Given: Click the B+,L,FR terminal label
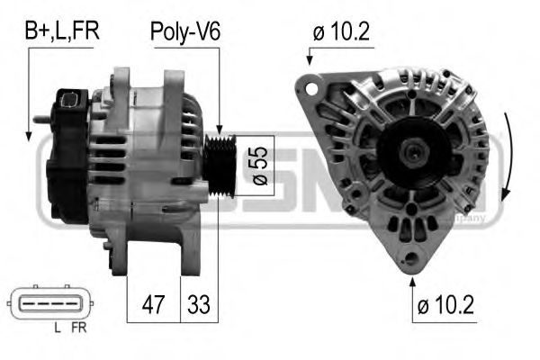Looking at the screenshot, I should [x=61, y=31].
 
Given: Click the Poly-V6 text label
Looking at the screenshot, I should [x=184, y=31].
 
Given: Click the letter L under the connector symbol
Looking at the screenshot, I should [x=58, y=328].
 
